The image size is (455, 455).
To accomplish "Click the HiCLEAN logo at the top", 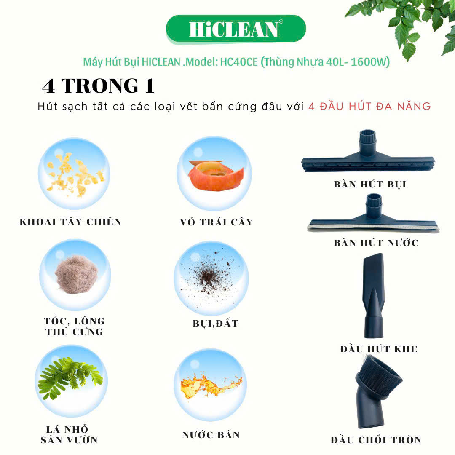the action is coord(236,29).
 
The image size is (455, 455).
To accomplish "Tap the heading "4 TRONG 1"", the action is coord(98,86).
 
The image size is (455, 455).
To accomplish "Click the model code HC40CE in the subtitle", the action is coord(239,62).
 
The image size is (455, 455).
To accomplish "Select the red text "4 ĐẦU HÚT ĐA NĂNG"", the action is coord(370,106).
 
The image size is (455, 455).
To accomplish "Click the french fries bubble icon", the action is coord(74,174).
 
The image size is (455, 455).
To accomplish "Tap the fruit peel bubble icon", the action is coord(214,174).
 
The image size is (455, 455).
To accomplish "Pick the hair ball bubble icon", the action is coord(75,275).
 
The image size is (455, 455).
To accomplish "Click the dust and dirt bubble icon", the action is coord(211,278).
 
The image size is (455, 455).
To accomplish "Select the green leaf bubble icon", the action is coord(71,381).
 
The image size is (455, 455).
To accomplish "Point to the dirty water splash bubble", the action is coord(210,385).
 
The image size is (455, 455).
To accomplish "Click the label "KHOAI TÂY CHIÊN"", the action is coord(70,222).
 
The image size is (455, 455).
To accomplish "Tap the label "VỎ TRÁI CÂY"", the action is coord(217,222).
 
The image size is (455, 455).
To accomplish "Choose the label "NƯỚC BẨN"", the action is coord(211,435).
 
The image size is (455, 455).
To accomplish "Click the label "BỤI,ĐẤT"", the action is coord(215,323).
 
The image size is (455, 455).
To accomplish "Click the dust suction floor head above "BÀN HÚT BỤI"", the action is coord(368,153).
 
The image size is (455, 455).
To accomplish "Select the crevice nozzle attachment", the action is coord(373,295).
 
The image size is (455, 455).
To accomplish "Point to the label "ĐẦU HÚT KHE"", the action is coord(379,349).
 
